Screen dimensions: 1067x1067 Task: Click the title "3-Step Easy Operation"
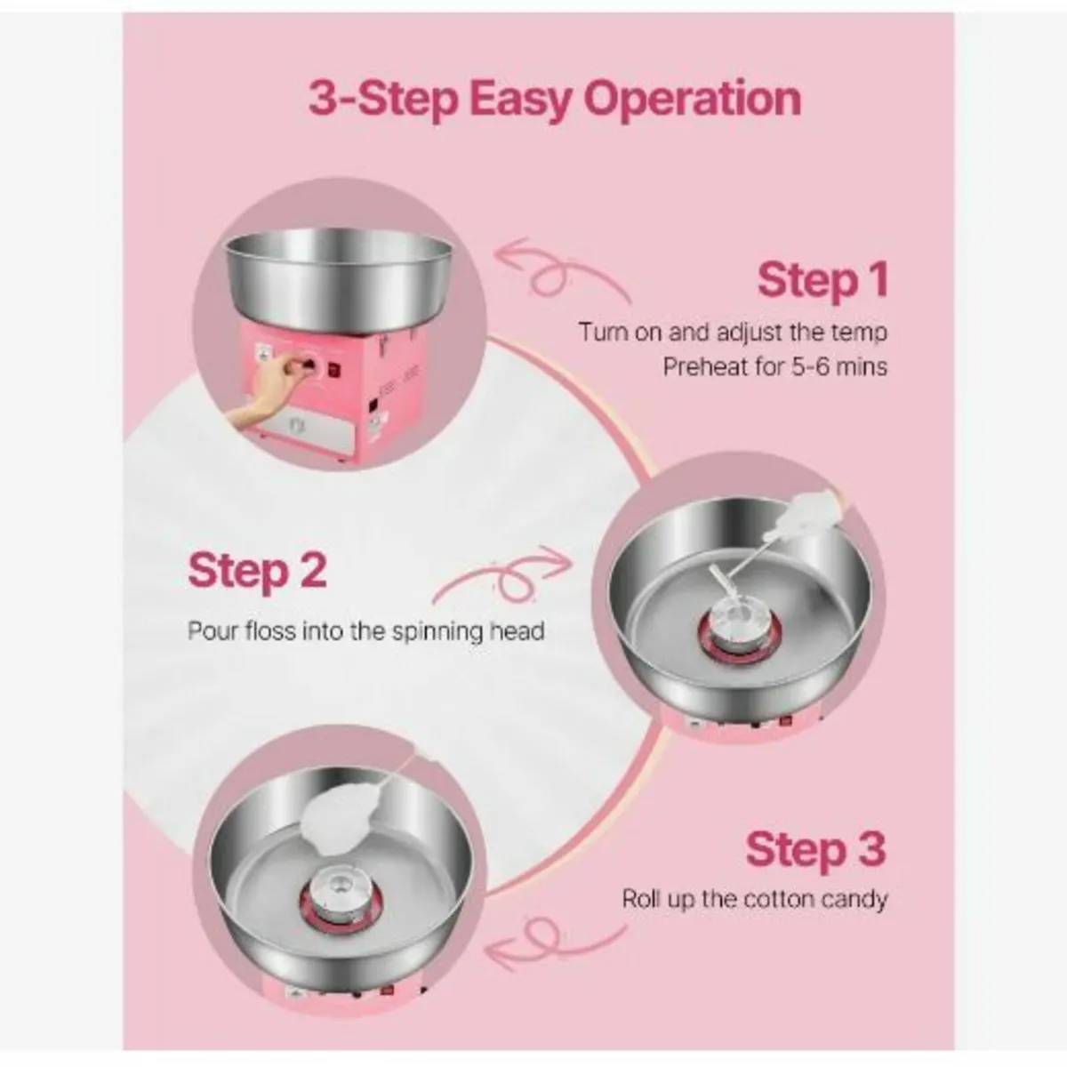pos(555,99)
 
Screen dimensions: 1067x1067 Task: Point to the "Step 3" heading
pos(815,848)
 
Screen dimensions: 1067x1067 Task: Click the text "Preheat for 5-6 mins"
pos(774,366)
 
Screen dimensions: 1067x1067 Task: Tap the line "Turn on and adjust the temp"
pos(733,333)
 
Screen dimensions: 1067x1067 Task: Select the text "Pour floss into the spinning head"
pos(365,631)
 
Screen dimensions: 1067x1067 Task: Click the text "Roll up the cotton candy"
pos(754,899)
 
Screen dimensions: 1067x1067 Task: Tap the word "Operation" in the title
pos(691,99)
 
